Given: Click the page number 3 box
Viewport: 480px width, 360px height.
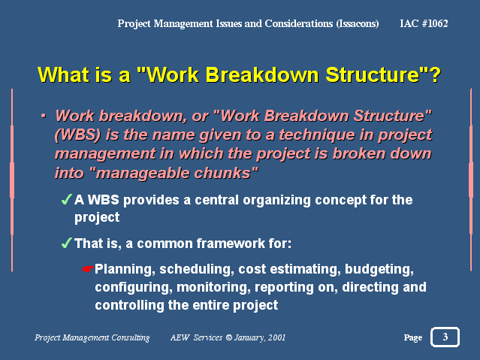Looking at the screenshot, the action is pyautogui.click(x=445, y=337).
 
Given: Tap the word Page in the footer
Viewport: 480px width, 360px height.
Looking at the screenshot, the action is pyautogui.click(x=413, y=337).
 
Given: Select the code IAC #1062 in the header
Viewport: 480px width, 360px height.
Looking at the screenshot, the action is pyautogui.click(x=424, y=23).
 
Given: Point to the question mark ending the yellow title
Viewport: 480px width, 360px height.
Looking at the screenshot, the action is pyautogui.click(x=435, y=74).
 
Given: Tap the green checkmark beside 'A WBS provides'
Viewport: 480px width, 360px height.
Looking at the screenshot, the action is pyautogui.click(x=67, y=199).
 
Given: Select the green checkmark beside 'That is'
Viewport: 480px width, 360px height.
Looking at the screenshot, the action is pyautogui.click(x=67, y=243).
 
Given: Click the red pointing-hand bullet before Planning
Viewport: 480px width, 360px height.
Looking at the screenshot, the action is pyautogui.click(x=88, y=269).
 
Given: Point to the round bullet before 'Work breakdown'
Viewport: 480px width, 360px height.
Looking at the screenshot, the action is pyautogui.click(x=44, y=116).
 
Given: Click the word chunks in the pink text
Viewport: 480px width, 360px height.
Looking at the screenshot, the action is pyautogui.click(x=226, y=173).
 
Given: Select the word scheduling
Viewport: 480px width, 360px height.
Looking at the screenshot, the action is pyautogui.click(x=197, y=269).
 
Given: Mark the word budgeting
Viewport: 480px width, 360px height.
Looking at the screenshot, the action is pyautogui.click(x=379, y=269).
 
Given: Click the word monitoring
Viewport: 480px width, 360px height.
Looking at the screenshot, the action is pyautogui.click(x=213, y=288).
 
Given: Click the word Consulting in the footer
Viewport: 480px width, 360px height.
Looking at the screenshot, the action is pyautogui.click(x=131, y=337).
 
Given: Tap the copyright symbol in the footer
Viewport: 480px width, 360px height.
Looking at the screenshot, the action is pyautogui.click(x=228, y=337).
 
